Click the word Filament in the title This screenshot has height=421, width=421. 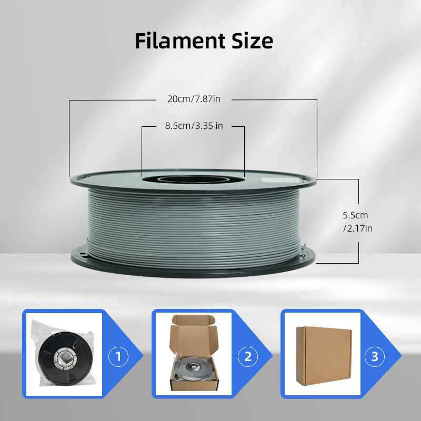[x=180, y=41]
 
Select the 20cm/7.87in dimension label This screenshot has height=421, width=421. [x=194, y=99]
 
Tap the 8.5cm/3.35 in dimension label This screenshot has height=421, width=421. [x=194, y=126]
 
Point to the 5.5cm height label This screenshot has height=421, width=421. [x=355, y=215]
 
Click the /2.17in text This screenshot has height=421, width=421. [x=358, y=228]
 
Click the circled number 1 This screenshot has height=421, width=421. [x=118, y=357]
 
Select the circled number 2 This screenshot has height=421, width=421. [x=248, y=357]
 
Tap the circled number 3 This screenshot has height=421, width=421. [x=375, y=357]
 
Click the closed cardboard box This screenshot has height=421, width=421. [x=324, y=356]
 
